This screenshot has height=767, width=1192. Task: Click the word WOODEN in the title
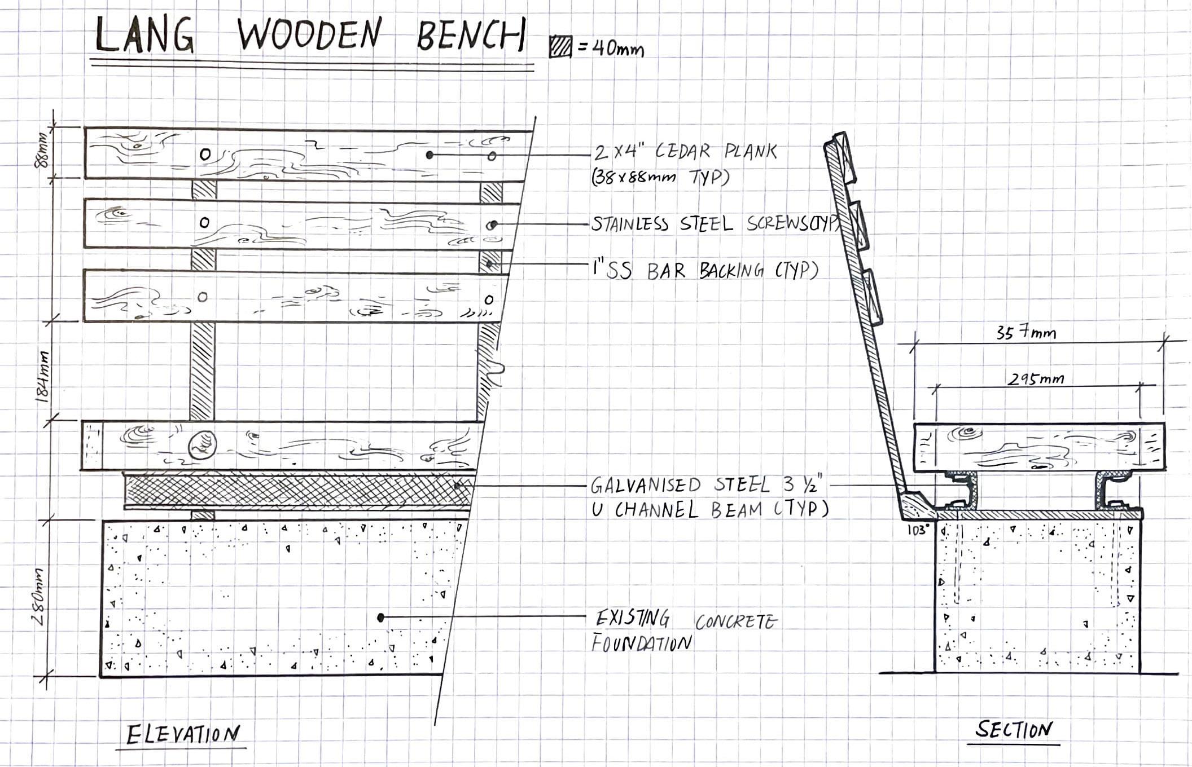click(x=309, y=35)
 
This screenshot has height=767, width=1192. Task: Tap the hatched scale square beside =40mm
click(x=560, y=47)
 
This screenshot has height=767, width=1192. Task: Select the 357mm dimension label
click(x=1026, y=333)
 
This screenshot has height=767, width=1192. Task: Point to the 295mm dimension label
click(x=1036, y=379)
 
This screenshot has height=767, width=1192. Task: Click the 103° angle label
click(x=918, y=530)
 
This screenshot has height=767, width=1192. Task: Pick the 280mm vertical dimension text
click(x=38, y=596)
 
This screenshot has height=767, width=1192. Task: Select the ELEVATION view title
click(x=183, y=735)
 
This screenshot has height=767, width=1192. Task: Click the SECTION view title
click(x=1014, y=730)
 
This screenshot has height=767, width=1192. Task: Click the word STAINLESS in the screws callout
click(x=630, y=224)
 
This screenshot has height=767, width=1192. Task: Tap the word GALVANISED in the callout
click(x=645, y=485)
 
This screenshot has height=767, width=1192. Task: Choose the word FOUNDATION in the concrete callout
click(x=641, y=643)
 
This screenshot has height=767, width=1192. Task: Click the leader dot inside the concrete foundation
click(x=381, y=618)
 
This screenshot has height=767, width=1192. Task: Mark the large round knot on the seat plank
click(x=201, y=444)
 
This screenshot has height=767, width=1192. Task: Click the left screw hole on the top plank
click(x=205, y=153)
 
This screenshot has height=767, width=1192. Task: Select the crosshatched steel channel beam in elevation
click(x=297, y=491)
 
